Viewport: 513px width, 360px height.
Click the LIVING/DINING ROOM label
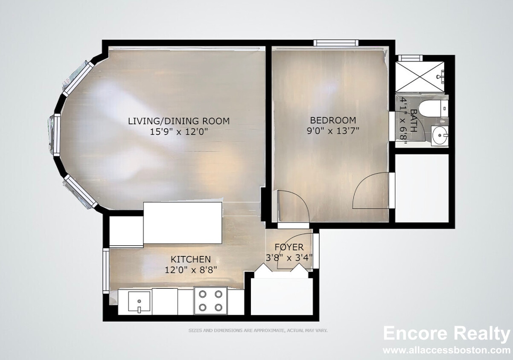coord(179,121)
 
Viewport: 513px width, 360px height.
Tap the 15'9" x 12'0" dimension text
coord(179,132)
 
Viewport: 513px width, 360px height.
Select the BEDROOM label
coord(333,120)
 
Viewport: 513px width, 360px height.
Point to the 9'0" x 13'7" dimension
coord(333,131)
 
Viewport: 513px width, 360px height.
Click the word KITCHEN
coord(191,259)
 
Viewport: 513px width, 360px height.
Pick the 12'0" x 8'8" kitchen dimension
coord(191,270)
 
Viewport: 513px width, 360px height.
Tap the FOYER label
coord(289,247)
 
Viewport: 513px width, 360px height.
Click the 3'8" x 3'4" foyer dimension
coord(289,258)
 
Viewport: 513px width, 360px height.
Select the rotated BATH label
coord(414,121)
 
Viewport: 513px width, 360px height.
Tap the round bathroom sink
coord(440,135)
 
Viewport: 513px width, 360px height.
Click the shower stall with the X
coord(420,77)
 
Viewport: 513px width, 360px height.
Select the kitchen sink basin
coord(139,301)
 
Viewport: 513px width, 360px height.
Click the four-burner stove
coord(210,300)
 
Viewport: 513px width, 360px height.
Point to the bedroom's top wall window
coord(336,43)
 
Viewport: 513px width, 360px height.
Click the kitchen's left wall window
coord(106,271)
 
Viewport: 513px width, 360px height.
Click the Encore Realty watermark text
coord(446,334)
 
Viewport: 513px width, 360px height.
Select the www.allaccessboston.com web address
coord(446,350)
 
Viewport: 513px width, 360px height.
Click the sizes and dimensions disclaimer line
coord(258,331)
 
